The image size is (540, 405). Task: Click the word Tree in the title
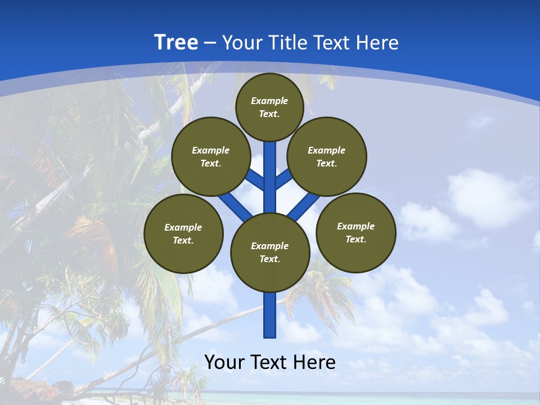pos(176,43)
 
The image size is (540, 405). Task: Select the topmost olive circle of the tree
pos(269,107)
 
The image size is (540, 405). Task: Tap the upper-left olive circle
pos(210,156)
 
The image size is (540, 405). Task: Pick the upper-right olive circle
pos(327,156)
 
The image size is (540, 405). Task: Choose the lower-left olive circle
pos(183,233)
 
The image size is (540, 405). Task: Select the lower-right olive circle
pos(356,232)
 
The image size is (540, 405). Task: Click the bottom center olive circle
pos(270,253)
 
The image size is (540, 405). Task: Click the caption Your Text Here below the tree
pos(270,362)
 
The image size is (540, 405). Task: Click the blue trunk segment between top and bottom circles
pos(270,177)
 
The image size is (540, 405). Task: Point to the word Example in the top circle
pos(269,101)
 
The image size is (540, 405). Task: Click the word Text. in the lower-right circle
pos(356,239)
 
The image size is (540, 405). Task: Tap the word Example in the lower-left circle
pos(183,227)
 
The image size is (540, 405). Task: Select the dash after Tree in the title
pos(210,43)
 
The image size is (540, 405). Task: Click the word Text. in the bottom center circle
pos(269,259)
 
